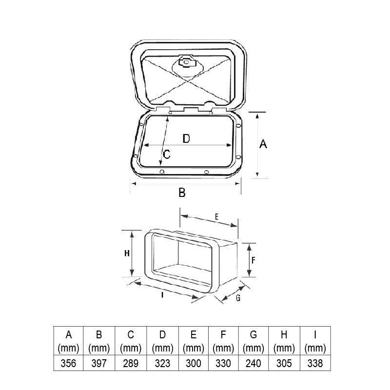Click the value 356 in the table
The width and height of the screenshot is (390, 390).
coord(68,363)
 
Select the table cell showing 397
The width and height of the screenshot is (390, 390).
coord(99,363)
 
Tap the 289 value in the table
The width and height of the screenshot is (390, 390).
coord(131,363)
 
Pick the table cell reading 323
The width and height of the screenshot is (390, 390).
coord(162,363)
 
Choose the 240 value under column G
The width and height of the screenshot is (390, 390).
coord(253,363)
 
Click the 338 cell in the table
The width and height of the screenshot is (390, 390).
coord(315,363)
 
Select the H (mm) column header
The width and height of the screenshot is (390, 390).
coord(284,341)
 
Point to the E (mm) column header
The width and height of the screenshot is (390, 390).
coord(193,341)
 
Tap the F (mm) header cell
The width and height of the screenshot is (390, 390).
coord(223,341)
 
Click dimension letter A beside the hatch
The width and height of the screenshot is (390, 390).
coord(263,144)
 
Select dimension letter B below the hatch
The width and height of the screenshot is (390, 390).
coord(182,192)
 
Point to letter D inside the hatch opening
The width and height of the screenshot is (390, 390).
coord(186,138)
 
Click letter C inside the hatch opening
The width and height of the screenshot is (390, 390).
coord(166,154)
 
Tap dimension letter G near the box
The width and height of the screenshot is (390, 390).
coord(238,298)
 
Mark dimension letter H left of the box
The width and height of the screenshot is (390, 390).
coord(127,253)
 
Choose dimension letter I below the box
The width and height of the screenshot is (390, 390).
coord(162,295)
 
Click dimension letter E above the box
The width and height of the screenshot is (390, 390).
coord(216,217)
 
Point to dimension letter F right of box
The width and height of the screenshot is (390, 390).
coord(253,260)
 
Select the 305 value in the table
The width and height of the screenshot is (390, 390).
coord(284,363)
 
